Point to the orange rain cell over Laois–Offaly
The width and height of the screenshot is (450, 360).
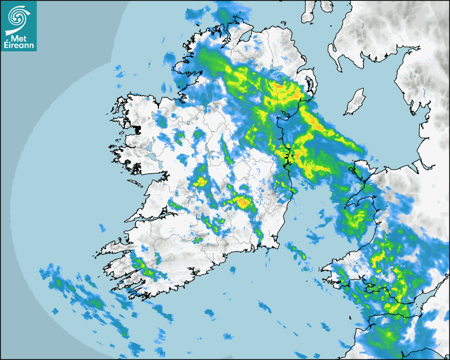point(243,202)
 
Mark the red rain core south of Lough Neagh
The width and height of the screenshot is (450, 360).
point(277,84)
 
